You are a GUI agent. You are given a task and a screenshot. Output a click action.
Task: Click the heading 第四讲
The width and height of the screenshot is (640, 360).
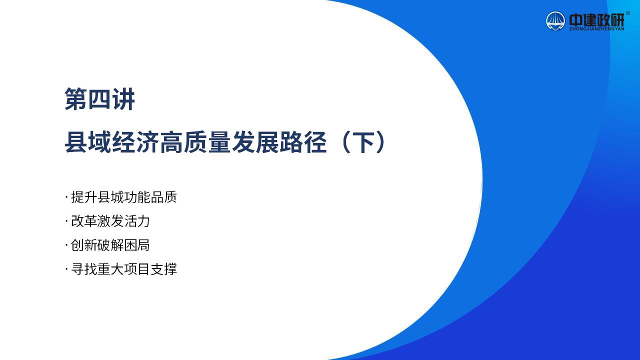(99, 99)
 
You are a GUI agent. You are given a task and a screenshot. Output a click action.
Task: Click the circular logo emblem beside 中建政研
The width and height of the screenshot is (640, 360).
(555, 21)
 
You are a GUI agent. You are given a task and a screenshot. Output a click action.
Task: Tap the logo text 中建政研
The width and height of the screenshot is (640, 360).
(596, 19)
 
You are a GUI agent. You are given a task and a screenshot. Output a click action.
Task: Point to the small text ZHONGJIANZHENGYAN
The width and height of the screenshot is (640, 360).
(596, 29)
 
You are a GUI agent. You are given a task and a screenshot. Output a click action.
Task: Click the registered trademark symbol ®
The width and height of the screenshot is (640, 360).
(627, 13)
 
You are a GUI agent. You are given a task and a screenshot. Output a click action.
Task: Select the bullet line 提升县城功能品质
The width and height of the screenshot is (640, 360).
(123, 197)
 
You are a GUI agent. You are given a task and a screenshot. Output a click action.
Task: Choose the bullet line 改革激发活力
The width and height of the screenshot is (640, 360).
(110, 221)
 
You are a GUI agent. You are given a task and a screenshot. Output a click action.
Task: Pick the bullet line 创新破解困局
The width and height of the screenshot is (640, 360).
(110, 245)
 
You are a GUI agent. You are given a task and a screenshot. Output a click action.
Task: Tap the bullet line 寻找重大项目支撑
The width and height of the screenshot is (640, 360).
(123, 269)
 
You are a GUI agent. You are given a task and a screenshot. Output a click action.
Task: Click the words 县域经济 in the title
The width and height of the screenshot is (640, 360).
(111, 142)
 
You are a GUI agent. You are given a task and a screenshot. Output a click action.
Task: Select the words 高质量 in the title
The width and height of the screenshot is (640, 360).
(195, 142)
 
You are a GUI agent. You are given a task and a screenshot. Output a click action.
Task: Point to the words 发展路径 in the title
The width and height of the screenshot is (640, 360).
(279, 142)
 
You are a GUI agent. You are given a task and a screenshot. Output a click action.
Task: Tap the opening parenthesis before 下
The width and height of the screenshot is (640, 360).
(345, 142)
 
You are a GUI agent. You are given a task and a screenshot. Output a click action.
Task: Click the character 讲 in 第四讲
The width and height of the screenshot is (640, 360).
(123, 99)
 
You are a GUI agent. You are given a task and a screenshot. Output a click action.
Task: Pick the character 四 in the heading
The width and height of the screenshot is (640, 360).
(99, 99)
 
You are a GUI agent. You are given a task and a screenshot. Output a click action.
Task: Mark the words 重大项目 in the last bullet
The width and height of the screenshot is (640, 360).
(123, 269)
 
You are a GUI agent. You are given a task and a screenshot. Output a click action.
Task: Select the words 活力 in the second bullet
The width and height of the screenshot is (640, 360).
(137, 221)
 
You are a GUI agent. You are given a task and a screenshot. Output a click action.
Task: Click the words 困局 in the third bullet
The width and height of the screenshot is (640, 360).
(137, 245)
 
